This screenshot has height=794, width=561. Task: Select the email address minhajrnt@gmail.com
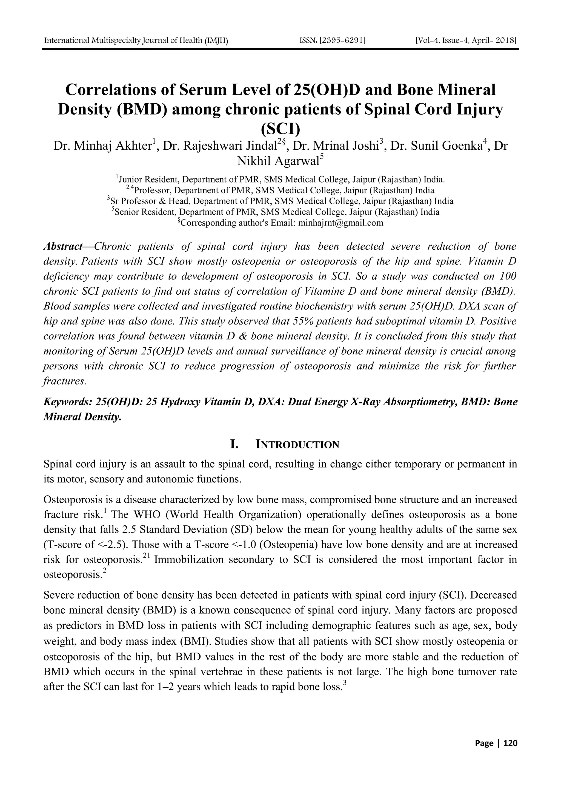340,223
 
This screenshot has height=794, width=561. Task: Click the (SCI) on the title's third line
280,129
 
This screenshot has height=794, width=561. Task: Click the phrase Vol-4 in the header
428,41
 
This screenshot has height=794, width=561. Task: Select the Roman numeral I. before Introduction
234,444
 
